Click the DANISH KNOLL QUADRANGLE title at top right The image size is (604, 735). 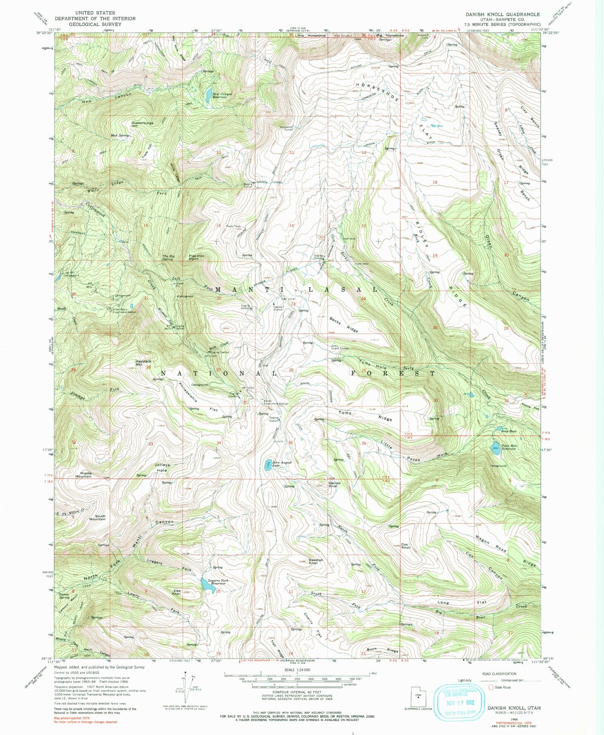point(503,14)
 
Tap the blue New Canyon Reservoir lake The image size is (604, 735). point(207,95)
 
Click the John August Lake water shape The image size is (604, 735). point(267,466)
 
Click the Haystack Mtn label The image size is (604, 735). point(144,363)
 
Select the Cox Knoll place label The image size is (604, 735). point(406,546)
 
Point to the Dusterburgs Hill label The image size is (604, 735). point(143,124)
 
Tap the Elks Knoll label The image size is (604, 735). point(176,592)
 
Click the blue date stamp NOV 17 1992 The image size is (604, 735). point(459,703)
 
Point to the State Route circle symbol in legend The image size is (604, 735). point(491,687)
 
